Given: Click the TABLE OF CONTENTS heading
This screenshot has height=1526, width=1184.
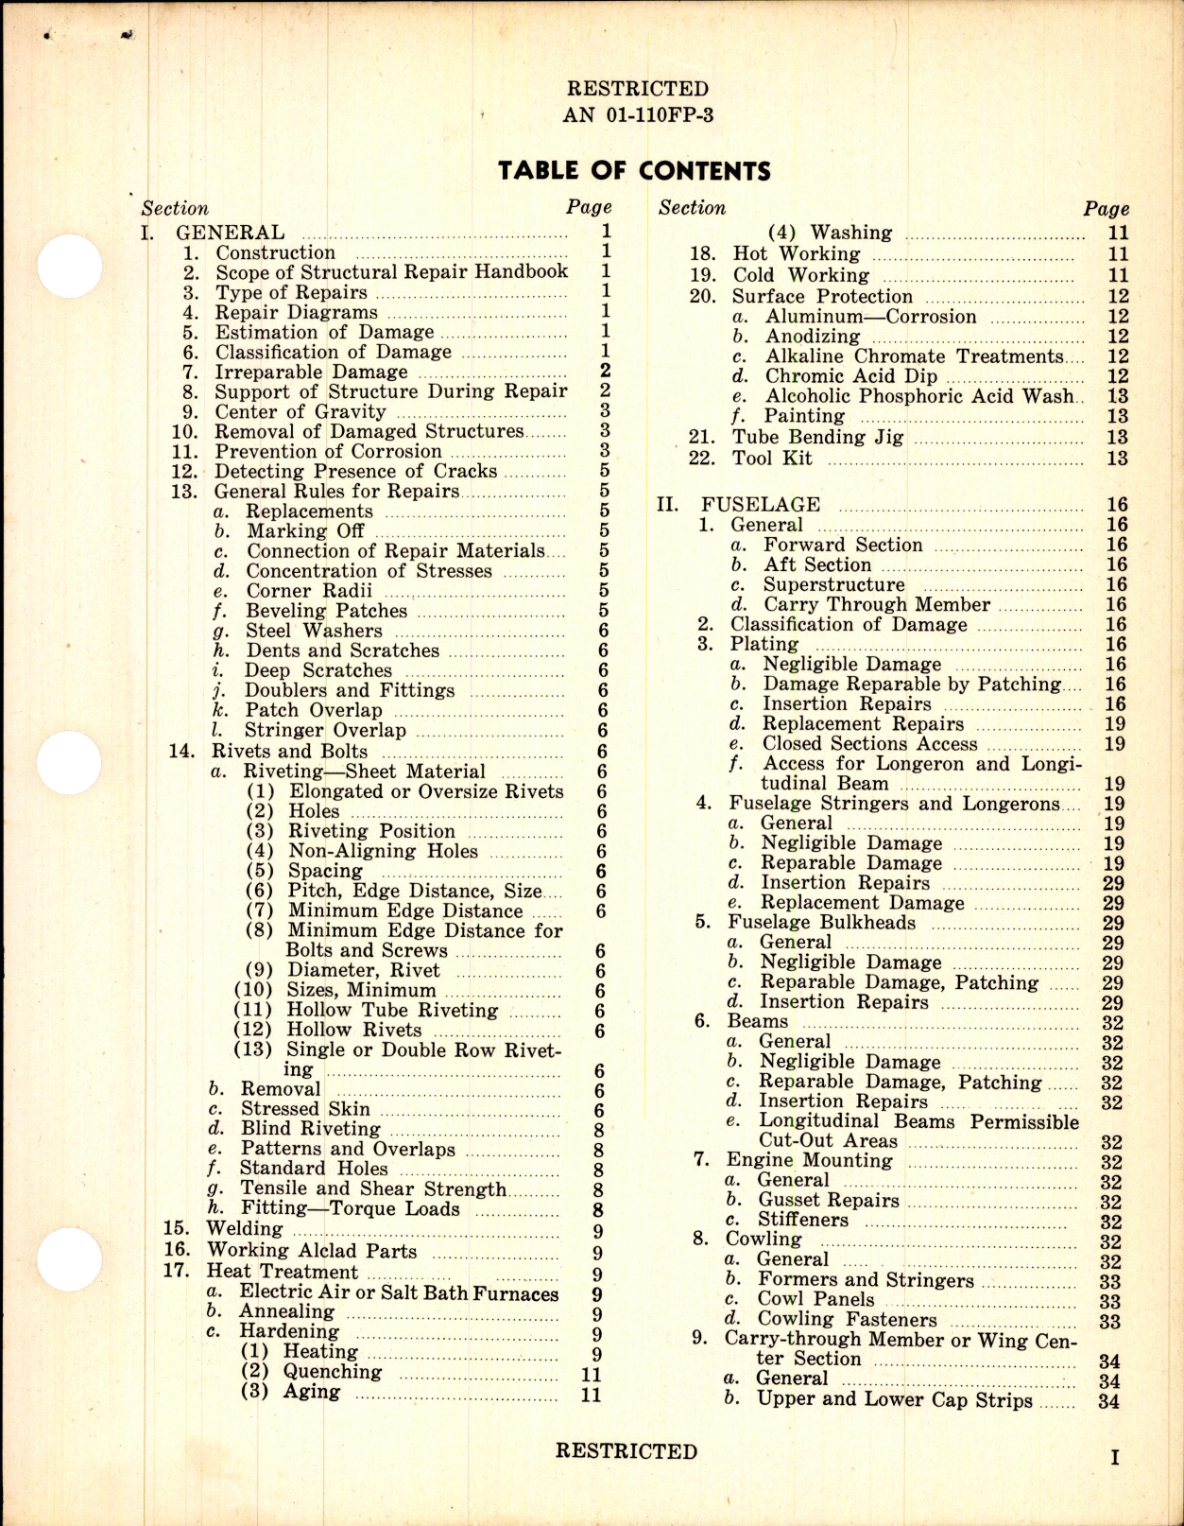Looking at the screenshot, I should coord(634,171).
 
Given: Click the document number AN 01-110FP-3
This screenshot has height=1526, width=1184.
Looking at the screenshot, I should coord(638,115).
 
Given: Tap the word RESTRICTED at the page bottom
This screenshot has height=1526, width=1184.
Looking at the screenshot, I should coord(626,1451).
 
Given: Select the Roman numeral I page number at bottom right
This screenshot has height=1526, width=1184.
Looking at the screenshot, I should coord(1114,1458).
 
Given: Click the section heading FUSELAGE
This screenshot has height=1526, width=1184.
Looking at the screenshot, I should coord(761,505).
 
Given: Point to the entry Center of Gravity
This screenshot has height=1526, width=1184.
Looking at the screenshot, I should coord(300,412).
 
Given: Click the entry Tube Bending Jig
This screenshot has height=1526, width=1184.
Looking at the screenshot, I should coord(817,438).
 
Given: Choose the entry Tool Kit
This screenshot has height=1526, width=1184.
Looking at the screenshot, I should coord(772,459).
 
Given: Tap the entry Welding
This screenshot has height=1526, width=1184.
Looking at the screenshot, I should coord(244,1229).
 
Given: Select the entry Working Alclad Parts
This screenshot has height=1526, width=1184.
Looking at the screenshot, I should coord(311,1251).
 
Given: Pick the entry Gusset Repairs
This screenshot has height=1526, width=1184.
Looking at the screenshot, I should coord(829,1201).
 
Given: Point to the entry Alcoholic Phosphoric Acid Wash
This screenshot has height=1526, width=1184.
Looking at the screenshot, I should coord(919,397).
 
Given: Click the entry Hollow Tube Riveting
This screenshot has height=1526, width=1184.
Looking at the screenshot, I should coord(392,1011).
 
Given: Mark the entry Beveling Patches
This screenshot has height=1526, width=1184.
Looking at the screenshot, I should coord(326,612).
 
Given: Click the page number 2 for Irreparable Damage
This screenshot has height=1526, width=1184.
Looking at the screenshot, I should coord(605,372).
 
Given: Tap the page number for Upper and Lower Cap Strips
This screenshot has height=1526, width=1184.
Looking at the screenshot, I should coord(1108,1401).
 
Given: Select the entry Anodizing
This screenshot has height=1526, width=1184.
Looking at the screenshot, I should coord(813,338).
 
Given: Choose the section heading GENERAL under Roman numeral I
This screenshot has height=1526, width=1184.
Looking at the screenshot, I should coord(231,233).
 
